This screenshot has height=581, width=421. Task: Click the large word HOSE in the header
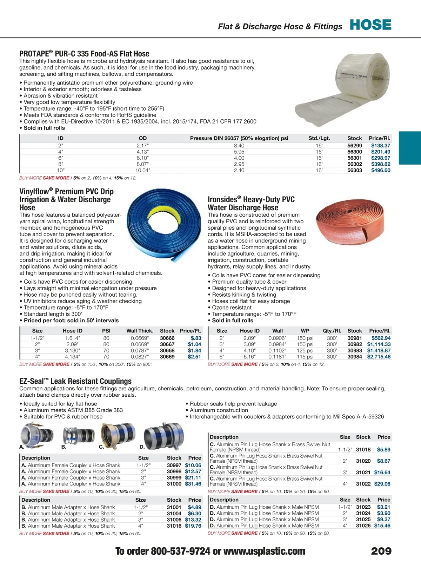tap(370, 25)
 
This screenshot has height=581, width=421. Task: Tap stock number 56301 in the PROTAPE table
tap(354, 158)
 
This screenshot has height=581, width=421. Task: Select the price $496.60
tap(381, 170)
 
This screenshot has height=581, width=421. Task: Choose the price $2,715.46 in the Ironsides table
tap(379, 357)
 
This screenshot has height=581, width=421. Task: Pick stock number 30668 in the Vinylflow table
tap(167, 350)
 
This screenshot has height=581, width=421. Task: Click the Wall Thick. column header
tap(140, 331)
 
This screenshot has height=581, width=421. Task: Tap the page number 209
tap(381, 551)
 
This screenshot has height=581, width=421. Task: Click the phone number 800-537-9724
tap(180, 552)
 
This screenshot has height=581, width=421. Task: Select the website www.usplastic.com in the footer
tap(264, 552)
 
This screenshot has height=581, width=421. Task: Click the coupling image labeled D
tap(163, 436)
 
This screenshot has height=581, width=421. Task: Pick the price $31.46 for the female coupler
tap(193, 484)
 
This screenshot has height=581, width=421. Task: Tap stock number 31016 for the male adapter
tap(174, 526)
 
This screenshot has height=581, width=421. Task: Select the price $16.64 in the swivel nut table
tap(382, 473)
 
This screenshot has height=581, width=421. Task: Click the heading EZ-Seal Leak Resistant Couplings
tap(75, 381)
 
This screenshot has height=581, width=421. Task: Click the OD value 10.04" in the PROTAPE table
tap(142, 170)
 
